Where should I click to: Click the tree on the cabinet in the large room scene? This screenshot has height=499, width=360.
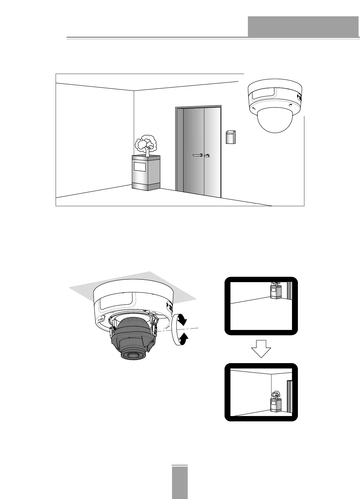pyautogui.click(x=146, y=145)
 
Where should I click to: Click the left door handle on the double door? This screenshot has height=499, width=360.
pyautogui.click(x=198, y=155)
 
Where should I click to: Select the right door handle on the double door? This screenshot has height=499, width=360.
pyautogui.click(x=207, y=155)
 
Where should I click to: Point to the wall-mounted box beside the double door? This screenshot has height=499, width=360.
pyautogui.click(x=231, y=137)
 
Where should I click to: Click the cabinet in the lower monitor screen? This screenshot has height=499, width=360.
pyautogui.click(x=276, y=405)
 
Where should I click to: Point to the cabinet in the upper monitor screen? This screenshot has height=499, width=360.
pyautogui.click(x=275, y=292)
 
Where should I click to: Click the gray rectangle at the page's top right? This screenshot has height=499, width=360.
pyautogui.click(x=303, y=27)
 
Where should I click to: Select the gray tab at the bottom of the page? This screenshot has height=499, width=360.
pyautogui.click(x=180, y=483)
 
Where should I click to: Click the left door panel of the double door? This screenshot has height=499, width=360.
pyautogui.click(x=194, y=152)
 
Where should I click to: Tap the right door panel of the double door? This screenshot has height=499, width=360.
pyautogui.click(x=212, y=152)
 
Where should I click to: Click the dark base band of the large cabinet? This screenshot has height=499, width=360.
pyautogui.click(x=146, y=186)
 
